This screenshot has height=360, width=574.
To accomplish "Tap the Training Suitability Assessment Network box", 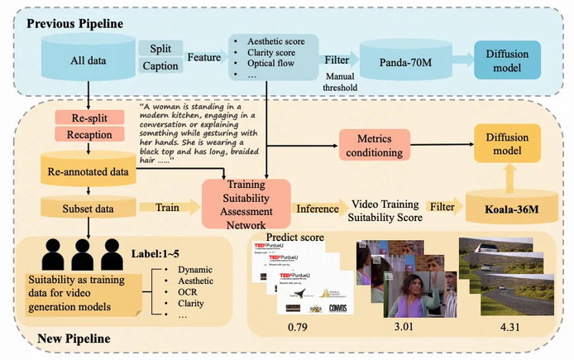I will [x=246, y=205].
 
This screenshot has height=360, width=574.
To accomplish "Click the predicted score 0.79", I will [x=299, y=331].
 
